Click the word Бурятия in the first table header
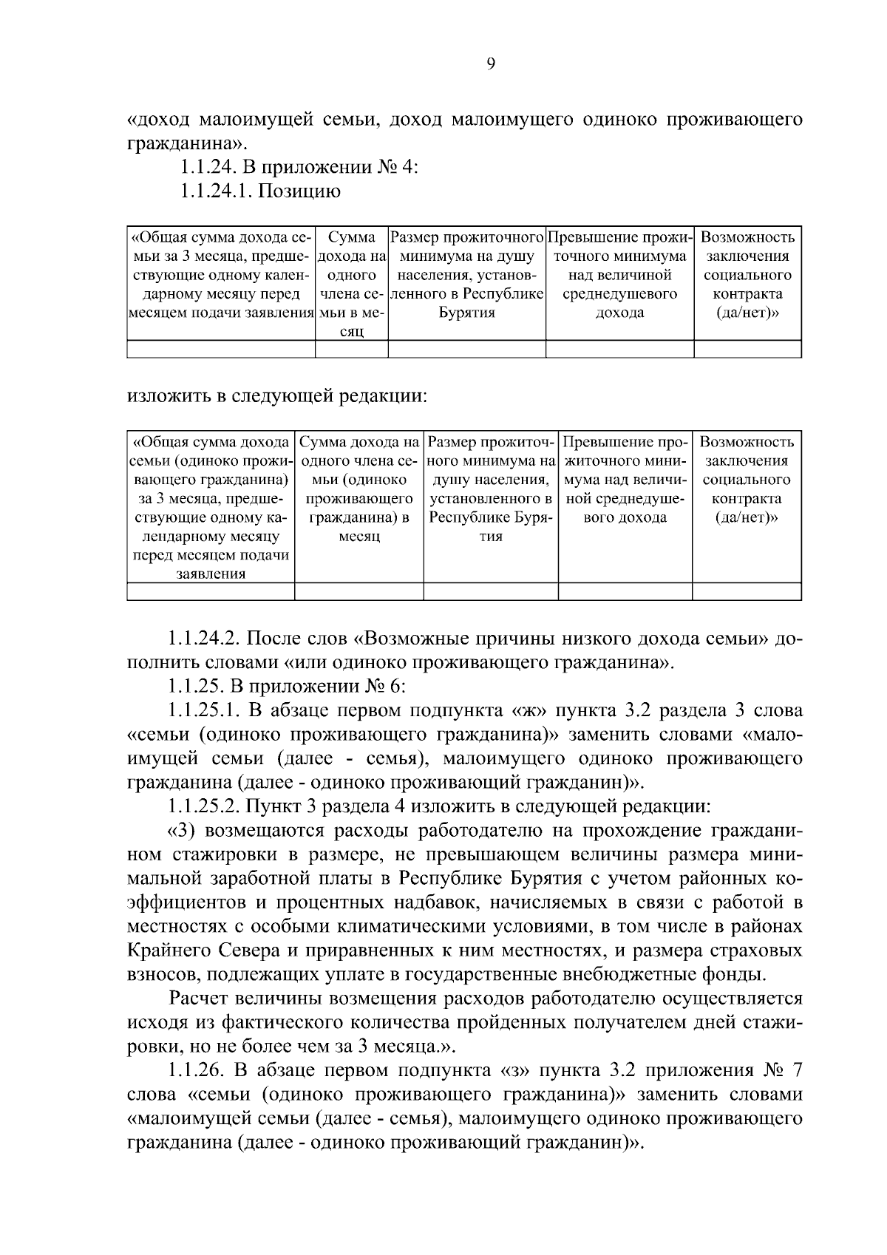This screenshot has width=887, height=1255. (x=467, y=313)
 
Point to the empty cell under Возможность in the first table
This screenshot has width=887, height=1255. (x=747, y=349)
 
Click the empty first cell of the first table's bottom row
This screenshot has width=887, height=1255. (x=221, y=349)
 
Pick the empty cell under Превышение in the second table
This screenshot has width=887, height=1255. (x=625, y=591)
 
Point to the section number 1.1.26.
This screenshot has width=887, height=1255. (x=194, y=1070)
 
